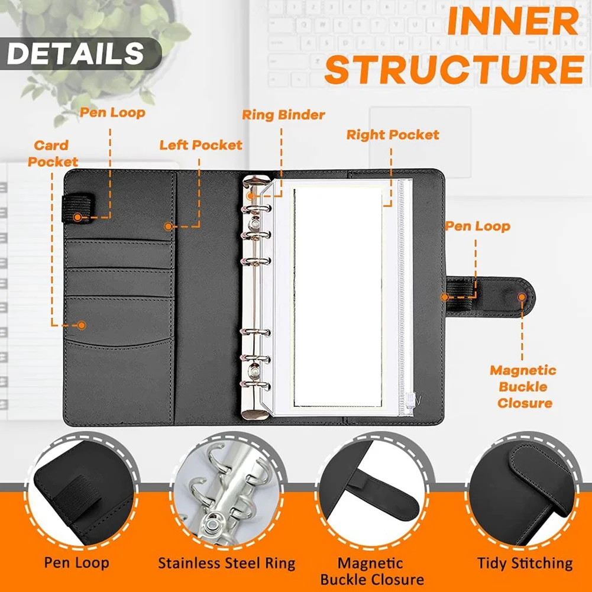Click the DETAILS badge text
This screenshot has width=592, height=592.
tap(75, 53)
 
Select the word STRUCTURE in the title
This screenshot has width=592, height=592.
tap(454, 69)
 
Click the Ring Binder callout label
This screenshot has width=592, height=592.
tap(283, 115)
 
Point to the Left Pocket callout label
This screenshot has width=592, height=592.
tap(200, 145)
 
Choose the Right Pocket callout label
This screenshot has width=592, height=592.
tap(393, 135)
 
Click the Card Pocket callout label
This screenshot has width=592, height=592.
tap(53, 153)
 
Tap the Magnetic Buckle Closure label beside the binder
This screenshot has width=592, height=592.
tap(523, 387)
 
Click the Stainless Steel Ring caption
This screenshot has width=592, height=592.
tap(227, 563)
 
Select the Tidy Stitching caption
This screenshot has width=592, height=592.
tap(525, 563)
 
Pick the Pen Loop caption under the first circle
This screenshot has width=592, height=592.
tap(77, 563)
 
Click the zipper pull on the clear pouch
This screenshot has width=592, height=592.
tap(406, 398)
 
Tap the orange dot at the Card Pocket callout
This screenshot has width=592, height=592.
tap(82, 325)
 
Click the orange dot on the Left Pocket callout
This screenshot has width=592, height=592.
tap(169, 226)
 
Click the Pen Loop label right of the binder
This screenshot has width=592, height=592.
tap(477, 226)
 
